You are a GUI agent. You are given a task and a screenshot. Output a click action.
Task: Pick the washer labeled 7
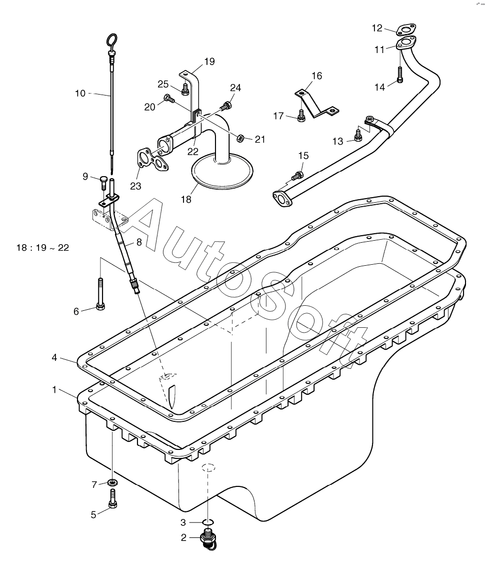point(113,482)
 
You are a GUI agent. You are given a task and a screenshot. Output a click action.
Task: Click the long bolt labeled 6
point(100,293)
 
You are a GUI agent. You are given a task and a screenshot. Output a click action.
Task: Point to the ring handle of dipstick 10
point(112,39)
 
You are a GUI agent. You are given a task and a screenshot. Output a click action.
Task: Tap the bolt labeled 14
point(400,75)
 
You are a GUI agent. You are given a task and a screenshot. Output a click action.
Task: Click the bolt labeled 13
point(357,135)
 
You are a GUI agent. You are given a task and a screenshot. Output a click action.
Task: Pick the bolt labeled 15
point(296,176)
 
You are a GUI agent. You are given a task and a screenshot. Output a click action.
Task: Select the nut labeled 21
point(241,138)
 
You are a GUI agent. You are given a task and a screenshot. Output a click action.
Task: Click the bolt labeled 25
point(184,89)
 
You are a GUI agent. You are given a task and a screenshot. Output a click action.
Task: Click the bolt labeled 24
point(226,106)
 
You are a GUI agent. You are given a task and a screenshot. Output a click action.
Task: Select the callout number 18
point(186,199)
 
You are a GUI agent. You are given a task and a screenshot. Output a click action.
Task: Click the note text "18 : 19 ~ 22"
point(42,248)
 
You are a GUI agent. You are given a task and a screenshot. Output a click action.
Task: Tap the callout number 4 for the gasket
point(54,357)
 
